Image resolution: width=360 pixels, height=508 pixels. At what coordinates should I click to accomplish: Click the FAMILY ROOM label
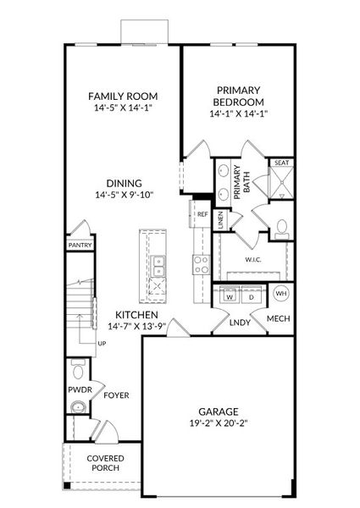coord(124,96)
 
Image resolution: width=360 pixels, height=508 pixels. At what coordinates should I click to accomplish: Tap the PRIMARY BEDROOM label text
coord(240,95)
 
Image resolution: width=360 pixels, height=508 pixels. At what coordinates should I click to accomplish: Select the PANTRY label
coord(80,245)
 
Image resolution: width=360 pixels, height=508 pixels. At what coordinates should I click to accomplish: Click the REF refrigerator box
coord(202,214)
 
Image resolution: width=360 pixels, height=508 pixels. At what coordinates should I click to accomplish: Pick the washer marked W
coord(229,297)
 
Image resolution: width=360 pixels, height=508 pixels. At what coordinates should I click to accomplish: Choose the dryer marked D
coord(252,297)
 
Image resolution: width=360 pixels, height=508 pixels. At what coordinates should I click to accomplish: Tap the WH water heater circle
coord(281,294)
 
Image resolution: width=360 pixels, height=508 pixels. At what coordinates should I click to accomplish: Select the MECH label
coord(279,318)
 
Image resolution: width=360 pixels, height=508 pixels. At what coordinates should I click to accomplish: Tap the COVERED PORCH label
coord(105,462)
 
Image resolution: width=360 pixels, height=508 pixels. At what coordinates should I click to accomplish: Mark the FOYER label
coord(116,395)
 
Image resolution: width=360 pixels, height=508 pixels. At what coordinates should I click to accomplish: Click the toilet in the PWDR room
coord(78,370)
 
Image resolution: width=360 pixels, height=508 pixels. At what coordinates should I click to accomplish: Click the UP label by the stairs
coord(102,343)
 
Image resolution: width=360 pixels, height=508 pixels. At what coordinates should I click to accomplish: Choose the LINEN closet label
coord(219,220)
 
